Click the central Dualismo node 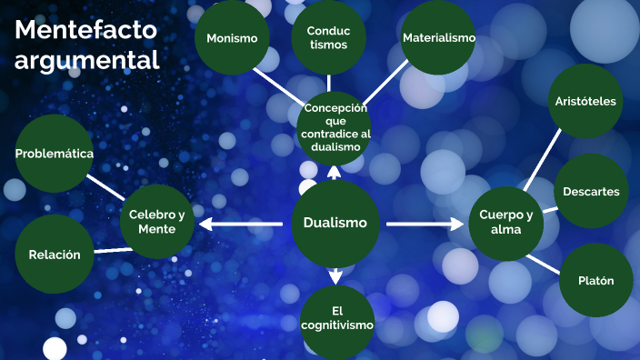pos(335,223)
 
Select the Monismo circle pos(232,38)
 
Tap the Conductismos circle pos(328,37)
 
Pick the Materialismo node pos(439,38)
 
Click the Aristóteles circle pos(585,101)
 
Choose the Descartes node pos(591,192)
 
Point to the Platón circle pos(595,281)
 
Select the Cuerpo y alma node pos(506,223)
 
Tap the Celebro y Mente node pos(156,222)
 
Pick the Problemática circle pos(55,154)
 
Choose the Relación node pos(55,255)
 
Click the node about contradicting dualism pos(335,127)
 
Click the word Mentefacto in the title pos(85,30)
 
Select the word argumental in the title pos(87,60)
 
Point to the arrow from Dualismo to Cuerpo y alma pos(424,224)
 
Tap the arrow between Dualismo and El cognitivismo pos(335,274)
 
